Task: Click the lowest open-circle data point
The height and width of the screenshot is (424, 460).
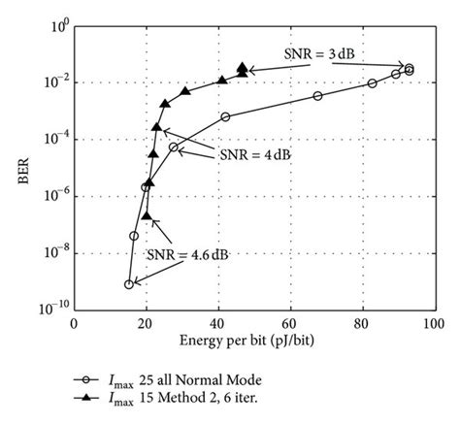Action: coord(128,284)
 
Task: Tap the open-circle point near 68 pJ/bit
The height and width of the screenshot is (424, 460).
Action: coord(317,96)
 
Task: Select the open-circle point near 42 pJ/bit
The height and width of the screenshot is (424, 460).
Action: coord(225,116)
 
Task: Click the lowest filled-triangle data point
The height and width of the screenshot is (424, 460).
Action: coord(146,215)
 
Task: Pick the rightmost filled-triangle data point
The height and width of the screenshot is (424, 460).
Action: coord(242,67)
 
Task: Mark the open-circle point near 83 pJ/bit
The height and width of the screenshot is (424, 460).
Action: coord(372,83)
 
